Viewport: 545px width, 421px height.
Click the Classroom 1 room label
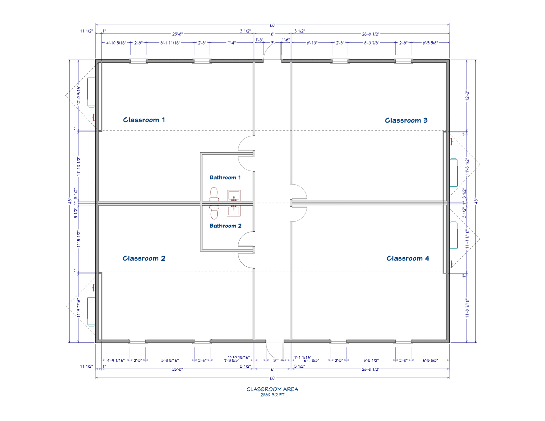point(144,120)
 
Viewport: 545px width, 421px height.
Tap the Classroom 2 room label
point(144,258)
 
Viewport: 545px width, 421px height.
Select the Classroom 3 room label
point(406,121)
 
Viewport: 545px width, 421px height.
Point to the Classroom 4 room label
point(408,258)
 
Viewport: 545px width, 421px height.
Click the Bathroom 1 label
point(225,178)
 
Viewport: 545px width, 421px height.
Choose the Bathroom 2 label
point(225,226)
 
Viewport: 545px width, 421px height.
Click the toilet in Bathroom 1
point(214,194)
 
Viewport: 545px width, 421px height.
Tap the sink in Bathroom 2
point(234,210)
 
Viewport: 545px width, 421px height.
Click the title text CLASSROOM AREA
point(272,389)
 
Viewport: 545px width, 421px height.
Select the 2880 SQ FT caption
point(272,395)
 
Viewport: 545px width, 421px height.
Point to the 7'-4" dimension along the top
point(231,43)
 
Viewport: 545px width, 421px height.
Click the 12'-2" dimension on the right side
point(467,96)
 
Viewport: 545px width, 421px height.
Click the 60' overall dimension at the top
point(272,26)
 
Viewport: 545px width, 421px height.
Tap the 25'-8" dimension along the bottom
point(177,369)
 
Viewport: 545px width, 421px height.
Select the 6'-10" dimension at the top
point(312,43)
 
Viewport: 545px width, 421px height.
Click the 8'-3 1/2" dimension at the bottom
point(371,361)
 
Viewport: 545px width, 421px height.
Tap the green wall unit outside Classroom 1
point(91,92)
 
